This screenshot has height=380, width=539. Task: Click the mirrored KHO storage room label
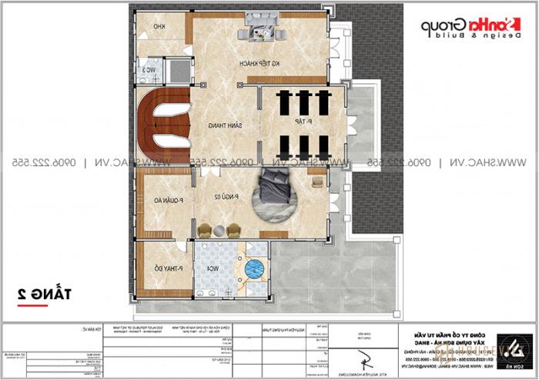159,28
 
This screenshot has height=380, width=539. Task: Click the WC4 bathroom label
210,268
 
